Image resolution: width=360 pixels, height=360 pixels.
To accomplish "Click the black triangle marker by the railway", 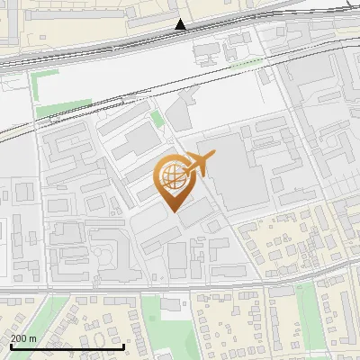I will coord(181,24).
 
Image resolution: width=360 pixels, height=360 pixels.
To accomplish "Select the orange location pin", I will coord(177,181).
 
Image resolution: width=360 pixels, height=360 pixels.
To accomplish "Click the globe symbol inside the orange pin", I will coord(174,175).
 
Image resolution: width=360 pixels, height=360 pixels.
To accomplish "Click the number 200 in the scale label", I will coord(19,338).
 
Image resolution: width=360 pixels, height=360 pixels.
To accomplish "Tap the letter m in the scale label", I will coord(32,338).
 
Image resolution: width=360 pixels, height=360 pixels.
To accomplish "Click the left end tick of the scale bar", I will coord(11,346).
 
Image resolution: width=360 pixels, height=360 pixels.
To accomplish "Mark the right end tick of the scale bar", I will coord(123,346).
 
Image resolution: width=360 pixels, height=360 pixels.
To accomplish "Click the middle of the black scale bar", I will coord(67,347).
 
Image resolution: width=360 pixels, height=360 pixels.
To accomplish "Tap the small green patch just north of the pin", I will coord(157,119).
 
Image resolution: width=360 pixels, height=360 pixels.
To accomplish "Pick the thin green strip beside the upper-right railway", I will coord(246,64).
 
